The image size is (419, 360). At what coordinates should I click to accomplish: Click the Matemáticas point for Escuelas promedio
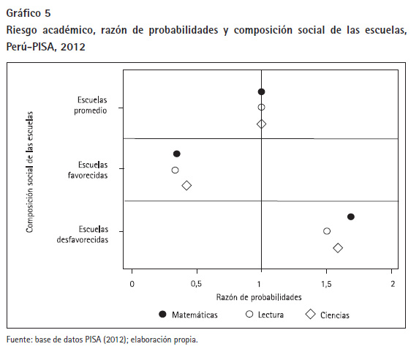(x=261, y=91)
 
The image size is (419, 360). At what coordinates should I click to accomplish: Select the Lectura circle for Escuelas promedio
(x=261, y=108)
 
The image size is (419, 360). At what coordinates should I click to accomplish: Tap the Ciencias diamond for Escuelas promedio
(x=261, y=124)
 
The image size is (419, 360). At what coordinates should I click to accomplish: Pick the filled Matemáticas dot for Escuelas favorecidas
(x=177, y=154)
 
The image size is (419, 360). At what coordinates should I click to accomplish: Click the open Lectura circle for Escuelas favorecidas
(x=175, y=170)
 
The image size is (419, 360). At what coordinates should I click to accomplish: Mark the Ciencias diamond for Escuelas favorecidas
(x=186, y=185)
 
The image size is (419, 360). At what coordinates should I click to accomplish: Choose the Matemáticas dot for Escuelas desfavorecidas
(x=351, y=217)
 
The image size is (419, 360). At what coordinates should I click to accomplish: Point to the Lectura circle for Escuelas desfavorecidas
(x=327, y=231)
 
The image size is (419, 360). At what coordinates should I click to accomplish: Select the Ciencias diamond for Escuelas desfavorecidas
(x=338, y=248)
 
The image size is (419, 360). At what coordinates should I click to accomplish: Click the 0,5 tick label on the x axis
(x=196, y=284)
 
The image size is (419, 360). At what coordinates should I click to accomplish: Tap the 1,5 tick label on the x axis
(x=326, y=284)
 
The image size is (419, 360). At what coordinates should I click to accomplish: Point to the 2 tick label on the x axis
(x=393, y=284)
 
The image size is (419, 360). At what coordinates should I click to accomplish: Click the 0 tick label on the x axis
(x=132, y=284)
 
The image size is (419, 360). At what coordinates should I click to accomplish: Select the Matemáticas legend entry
(x=188, y=315)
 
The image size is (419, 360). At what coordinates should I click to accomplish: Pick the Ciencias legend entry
(x=328, y=315)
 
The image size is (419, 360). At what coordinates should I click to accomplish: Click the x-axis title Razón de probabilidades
(x=259, y=297)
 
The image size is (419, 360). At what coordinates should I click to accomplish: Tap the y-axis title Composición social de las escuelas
(x=29, y=172)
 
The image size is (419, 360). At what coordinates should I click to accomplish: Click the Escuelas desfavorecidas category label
(x=83, y=234)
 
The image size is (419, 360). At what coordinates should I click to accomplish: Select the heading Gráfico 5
(x=29, y=13)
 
